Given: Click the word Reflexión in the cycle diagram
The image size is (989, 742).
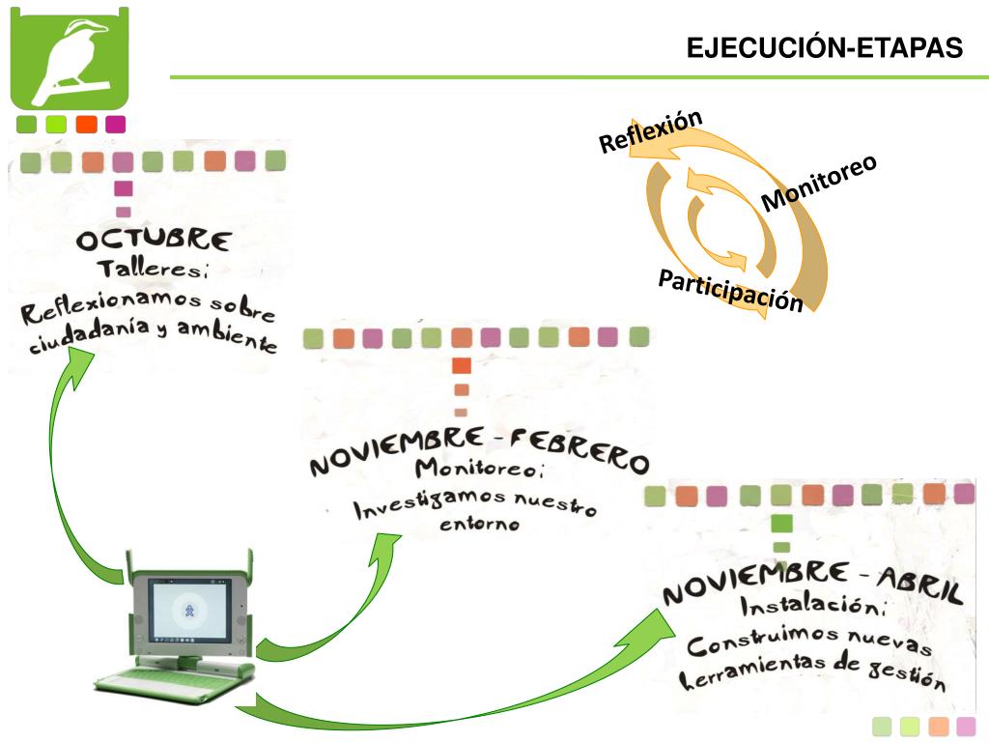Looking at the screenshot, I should point(650,131).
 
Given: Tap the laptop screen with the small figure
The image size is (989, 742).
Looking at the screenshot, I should point(190,612).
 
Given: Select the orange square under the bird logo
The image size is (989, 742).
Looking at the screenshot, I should point(86,124).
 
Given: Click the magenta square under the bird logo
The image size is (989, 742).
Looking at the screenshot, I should point(116,124).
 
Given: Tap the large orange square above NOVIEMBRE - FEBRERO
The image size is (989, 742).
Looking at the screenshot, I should point(462,365).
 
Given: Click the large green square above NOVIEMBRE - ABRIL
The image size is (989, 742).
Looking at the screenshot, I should point(782,523).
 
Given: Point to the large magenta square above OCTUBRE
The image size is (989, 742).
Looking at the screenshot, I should point(123,187).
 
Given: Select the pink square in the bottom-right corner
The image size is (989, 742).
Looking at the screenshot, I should point(966,727).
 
